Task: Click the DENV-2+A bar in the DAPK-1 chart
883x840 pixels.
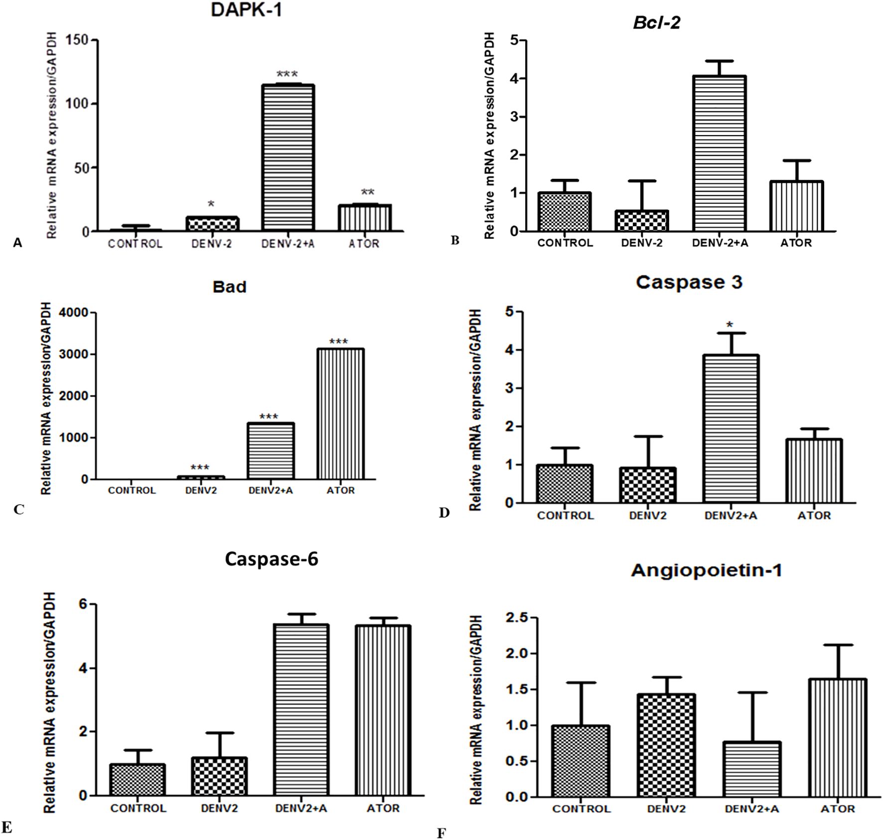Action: click(287, 158)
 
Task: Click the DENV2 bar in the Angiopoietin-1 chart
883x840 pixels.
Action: click(666, 745)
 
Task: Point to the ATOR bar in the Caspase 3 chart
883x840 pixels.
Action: click(814, 471)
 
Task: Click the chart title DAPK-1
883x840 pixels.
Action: click(246, 10)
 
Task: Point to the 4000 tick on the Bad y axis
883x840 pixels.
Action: click(73, 313)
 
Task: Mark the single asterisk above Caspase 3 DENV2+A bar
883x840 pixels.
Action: click(730, 325)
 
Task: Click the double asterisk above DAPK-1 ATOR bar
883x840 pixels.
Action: click(368, 192)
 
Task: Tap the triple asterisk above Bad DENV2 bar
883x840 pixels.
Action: click(200, 467)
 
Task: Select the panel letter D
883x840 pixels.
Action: click(444, 513)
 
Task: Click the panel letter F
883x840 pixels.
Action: click(441, 834)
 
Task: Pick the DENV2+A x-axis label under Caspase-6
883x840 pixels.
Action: click(301, 808)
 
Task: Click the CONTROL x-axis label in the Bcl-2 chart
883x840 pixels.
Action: click(565, 243)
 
